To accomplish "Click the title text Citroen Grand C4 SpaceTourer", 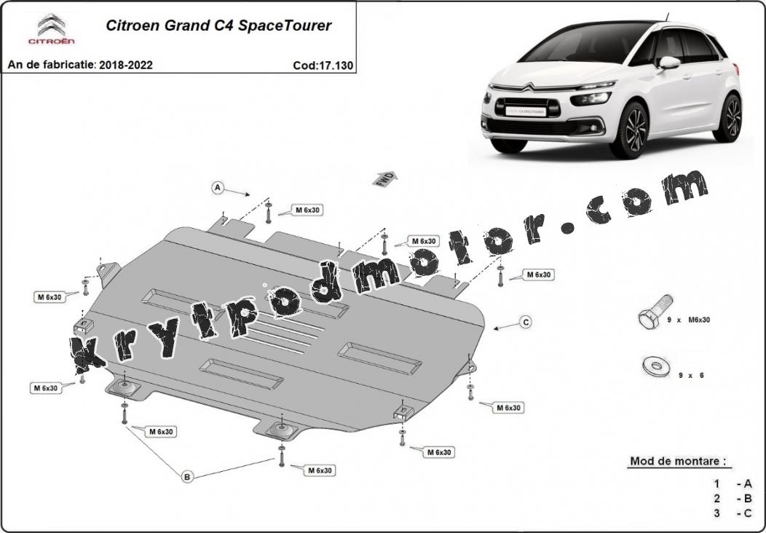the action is (219, 25).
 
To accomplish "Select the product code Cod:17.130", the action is (323, 66).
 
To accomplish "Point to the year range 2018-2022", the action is (126, 65).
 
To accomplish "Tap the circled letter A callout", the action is (218, 188).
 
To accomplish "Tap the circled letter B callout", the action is (187, 476).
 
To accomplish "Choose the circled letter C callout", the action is (526, 322).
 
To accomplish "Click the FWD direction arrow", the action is (385, 179).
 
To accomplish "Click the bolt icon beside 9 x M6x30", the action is (655, 311).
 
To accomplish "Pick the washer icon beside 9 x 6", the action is (656, 366).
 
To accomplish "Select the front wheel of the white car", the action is (635, 130).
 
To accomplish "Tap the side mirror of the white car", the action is (668, 63).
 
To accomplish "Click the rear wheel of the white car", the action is (729, 118).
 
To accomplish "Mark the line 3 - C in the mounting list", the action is (733, 513).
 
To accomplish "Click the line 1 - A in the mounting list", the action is (733, 483).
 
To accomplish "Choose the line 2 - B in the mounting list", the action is (733, 498).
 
